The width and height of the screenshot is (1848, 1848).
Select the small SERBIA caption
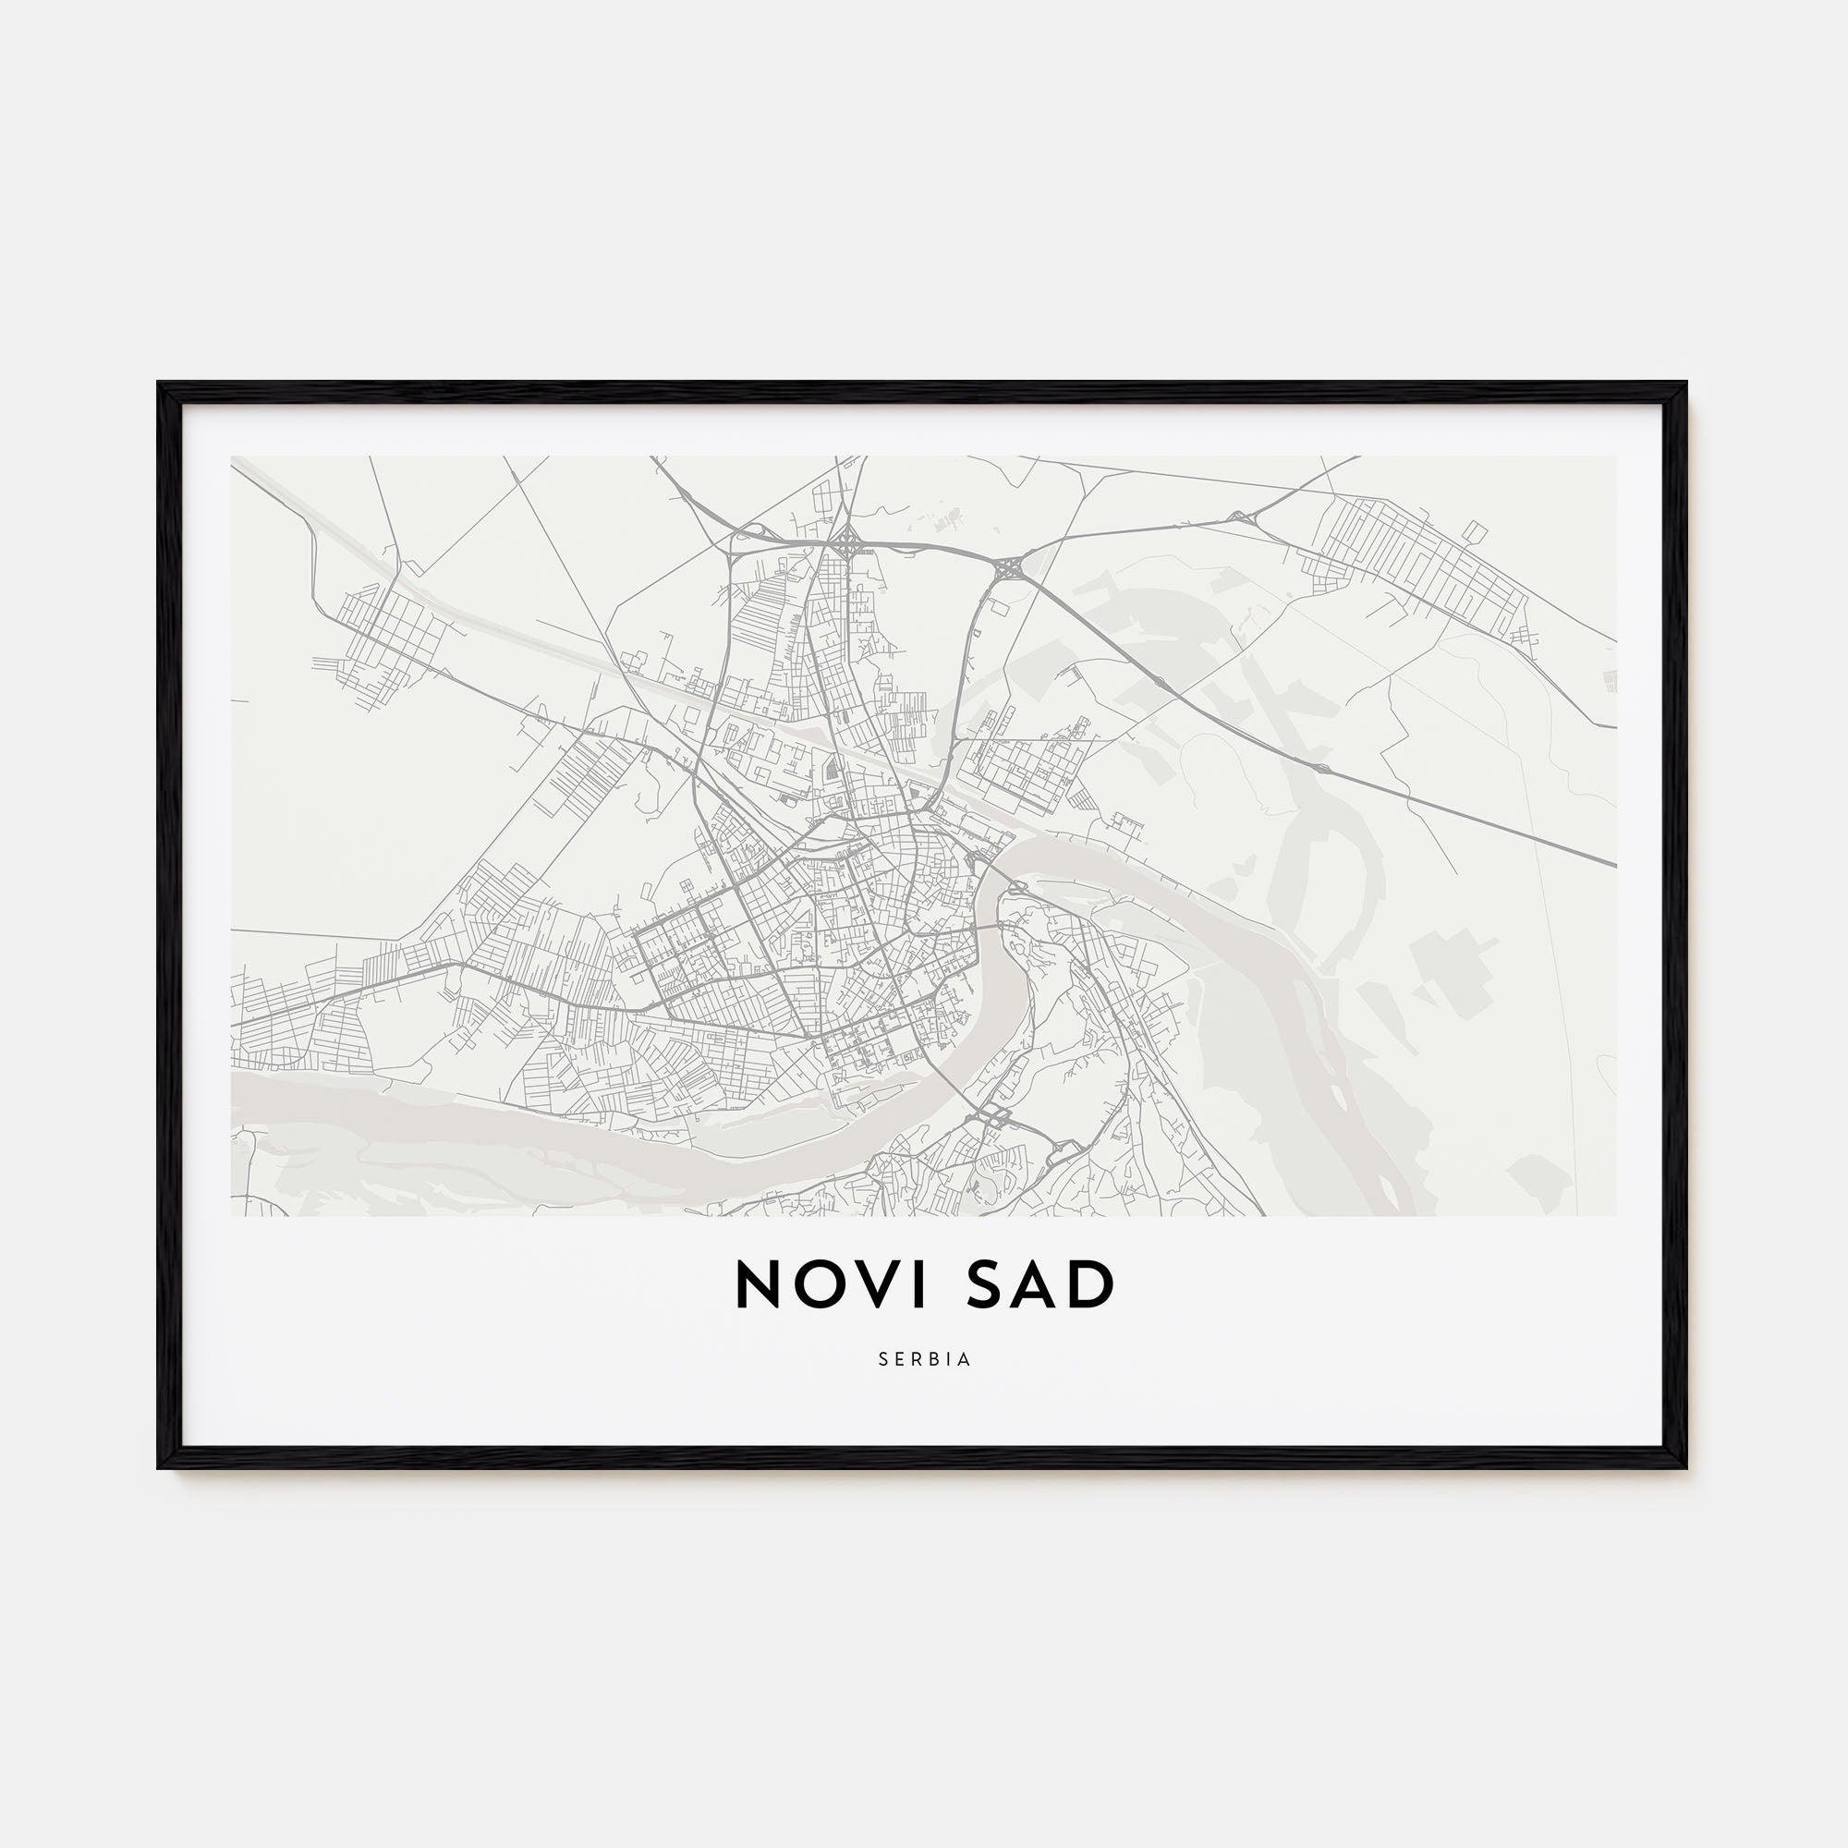pos(924,1359)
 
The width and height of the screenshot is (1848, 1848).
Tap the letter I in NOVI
pos(920,1284)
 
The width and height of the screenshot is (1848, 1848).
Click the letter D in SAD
pos(1096,1284)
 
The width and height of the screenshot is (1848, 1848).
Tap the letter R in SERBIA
pos(917,1359)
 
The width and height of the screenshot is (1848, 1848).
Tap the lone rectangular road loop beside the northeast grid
pos(1476,532)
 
